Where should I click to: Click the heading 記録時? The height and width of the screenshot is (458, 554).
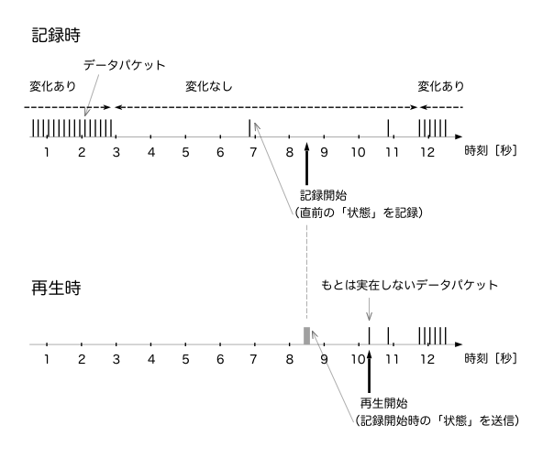click(56, 36)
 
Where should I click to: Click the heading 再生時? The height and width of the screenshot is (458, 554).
click(56, 288)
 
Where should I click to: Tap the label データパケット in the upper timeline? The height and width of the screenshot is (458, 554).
click(125, 65)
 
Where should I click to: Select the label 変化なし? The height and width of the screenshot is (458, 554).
click(209, 86)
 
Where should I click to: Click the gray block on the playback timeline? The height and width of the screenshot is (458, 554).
click(306, 335)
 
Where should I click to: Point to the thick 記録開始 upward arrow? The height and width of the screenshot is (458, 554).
click(306, 164)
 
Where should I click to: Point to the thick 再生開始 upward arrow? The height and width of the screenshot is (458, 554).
click(370, 371)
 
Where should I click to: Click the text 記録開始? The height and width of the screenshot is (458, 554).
click(323, 195)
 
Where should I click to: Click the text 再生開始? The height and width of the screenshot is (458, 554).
click(383, 403)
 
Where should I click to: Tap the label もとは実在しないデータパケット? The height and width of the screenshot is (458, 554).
click(409, 285)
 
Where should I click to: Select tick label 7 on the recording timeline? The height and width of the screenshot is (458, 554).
click(253, 152)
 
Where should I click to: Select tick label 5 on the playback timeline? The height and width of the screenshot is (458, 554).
click(185, 359)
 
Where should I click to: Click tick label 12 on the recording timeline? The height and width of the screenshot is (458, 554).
click(427, 152)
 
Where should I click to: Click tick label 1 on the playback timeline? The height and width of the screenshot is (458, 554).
click(47, 359)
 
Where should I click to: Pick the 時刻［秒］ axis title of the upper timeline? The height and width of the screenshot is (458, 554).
click(491, 151)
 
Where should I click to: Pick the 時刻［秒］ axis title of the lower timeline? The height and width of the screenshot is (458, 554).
click(491, 358)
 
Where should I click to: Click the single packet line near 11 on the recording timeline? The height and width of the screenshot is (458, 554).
click(388, 128)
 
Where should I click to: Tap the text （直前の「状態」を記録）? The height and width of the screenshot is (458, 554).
click(359, 213)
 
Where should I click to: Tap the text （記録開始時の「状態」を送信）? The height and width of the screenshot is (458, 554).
click(437, 420)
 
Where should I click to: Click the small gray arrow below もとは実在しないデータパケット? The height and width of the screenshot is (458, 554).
click(370, 310)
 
